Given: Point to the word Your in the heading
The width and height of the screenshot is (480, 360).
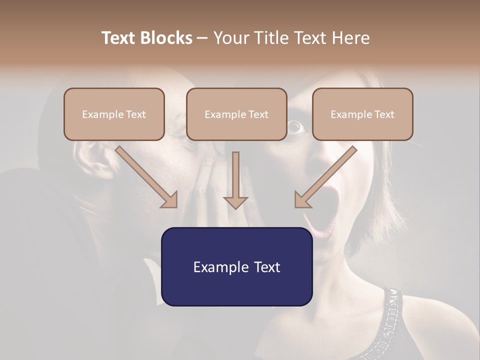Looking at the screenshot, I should pyautogui.click(x=230, y=38).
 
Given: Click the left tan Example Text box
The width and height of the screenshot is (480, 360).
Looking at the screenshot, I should pyautogui.click(x=114, y=114).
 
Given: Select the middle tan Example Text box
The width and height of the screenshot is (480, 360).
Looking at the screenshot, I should pyautogui.click(x=236, y=114).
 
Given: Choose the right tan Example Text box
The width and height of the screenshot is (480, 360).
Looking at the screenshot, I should pyautogui.click(x=362, y=114).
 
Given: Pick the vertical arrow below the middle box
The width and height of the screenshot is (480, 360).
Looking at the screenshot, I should pyautogui.click(x=235, y=180).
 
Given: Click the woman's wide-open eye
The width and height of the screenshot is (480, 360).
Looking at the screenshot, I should pyautogui.click(x=296, y=127).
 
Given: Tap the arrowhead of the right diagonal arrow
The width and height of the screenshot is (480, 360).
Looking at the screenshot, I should pyautogui.click(x=302, y=200).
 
